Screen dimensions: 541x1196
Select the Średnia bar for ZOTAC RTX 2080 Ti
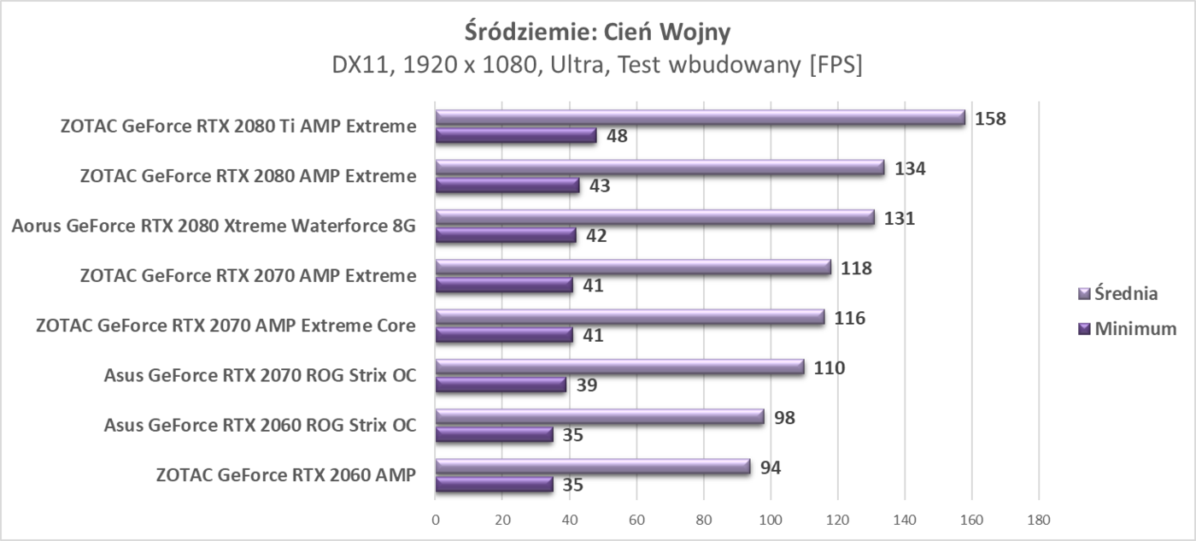point(700,118)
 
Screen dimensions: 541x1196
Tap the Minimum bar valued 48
point(516,136)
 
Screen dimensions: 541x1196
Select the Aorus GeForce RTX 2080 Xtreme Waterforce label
point(214,226)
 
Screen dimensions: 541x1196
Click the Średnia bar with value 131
point(654,218)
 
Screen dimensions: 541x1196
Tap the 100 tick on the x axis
point(771,519)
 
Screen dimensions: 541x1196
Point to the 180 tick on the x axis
point(1039,519)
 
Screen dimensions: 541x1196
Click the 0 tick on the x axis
point(436,519)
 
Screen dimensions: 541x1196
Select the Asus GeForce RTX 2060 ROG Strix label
point(260,425)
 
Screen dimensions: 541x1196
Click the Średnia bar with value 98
point(600,417)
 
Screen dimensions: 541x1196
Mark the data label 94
point(771,467)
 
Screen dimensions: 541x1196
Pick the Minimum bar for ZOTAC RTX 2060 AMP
point(494,485)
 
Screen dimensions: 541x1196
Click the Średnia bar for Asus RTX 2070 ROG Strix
point(619,368)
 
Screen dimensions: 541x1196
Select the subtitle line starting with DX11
point(597,66)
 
